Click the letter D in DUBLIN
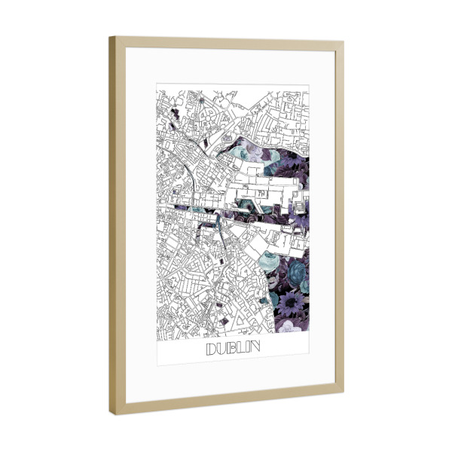click(x=210, y=349)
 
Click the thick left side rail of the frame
click(x=115, y=226)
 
